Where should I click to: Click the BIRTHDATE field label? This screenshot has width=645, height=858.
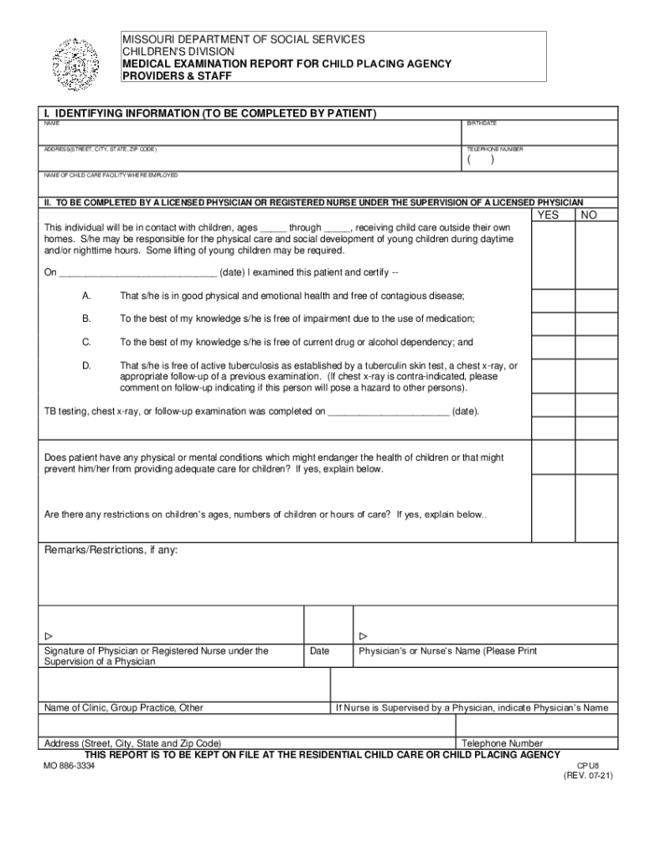tap(482, 123)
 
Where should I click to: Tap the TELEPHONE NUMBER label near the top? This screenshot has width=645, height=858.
tap(496, 149)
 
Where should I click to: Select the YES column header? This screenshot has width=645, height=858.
tap(547, 214)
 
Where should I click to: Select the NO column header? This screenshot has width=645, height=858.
tap(589, 214)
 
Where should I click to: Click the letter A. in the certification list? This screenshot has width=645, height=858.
tap(85, 296)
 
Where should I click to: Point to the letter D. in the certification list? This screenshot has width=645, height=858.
tap(85, 365)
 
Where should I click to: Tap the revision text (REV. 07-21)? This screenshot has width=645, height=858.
tap(588, 776)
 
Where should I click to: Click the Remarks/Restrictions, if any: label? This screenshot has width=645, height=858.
tap(111, 550)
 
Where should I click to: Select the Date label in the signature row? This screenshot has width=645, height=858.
tap(319, 651)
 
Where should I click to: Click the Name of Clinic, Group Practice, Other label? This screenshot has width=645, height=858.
tap(123, 707)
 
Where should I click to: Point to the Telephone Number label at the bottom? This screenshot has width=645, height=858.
tap(503, 743)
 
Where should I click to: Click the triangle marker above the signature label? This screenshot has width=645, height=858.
tap(48, 636)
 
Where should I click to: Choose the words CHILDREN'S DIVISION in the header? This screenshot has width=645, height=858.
tap(176, 51)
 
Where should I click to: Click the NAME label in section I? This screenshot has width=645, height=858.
tap(52, 123)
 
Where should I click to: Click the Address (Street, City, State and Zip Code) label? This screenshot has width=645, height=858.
tap(132, 743)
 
